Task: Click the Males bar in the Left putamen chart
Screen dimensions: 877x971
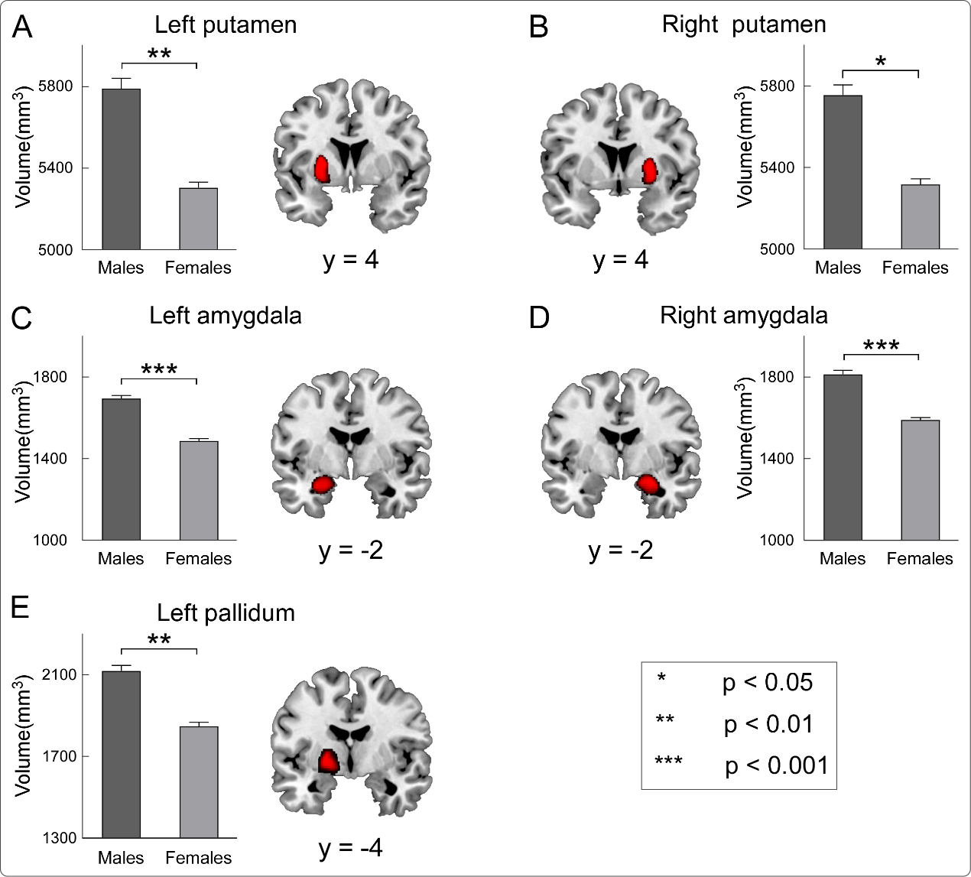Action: (x=122, y=169)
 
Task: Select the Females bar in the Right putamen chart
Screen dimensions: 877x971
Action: (x=920, y=216)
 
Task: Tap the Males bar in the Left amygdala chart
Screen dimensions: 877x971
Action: (x=122, y=469)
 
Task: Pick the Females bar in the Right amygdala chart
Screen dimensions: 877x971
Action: (x=920, y=479)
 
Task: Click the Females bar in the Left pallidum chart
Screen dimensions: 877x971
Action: (x=199, y=781)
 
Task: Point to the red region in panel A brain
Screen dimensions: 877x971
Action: (x=322, y=169)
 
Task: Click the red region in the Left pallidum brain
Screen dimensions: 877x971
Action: (x=328, y=761)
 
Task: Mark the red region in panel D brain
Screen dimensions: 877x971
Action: (x=649, y=484)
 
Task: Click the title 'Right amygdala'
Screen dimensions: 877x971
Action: (x=743, y=315)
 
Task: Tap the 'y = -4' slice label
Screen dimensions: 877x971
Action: (x=350, y=847)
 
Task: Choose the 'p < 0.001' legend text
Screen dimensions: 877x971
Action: (x=776, y=765)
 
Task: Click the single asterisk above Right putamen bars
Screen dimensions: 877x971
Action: (x=880, y=61)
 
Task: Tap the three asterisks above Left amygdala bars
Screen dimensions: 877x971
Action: (x=159, y=371)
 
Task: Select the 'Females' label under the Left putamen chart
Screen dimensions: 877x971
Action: (x=198, y=268)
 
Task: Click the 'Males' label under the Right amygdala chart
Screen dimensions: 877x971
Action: (x=842, y=559)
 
